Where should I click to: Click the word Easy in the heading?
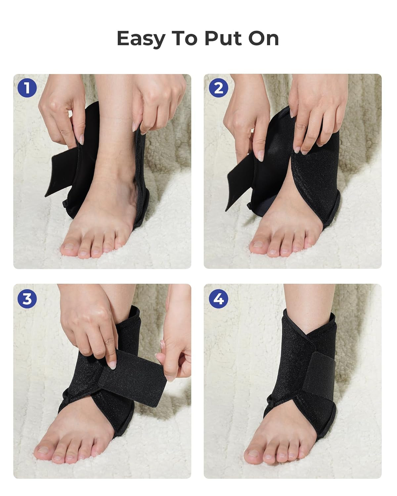tap(141, 38)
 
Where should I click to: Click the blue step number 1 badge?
tap(27, 88)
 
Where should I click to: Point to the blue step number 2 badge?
tap(218, 88)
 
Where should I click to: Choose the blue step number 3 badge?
tap(27, 299)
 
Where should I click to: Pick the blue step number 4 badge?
tap(218, 299)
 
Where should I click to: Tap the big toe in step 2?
tap(259, 245)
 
